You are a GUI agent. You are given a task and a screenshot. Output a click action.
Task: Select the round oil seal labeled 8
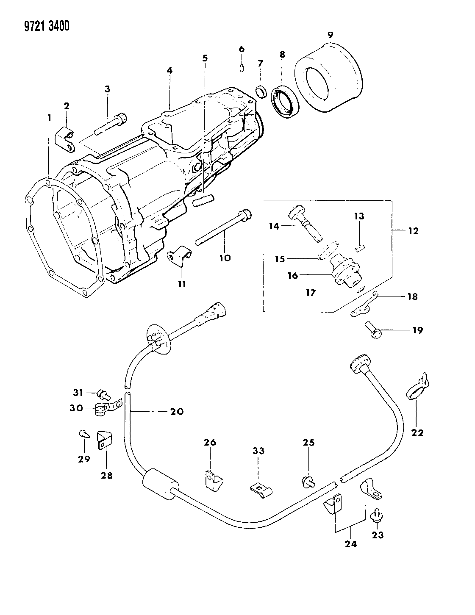point(285,101)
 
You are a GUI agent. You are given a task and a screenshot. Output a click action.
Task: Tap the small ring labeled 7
point(262,91)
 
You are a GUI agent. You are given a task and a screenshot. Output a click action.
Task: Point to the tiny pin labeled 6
point(241,68)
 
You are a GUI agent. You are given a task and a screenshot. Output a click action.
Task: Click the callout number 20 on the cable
point(177,411)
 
